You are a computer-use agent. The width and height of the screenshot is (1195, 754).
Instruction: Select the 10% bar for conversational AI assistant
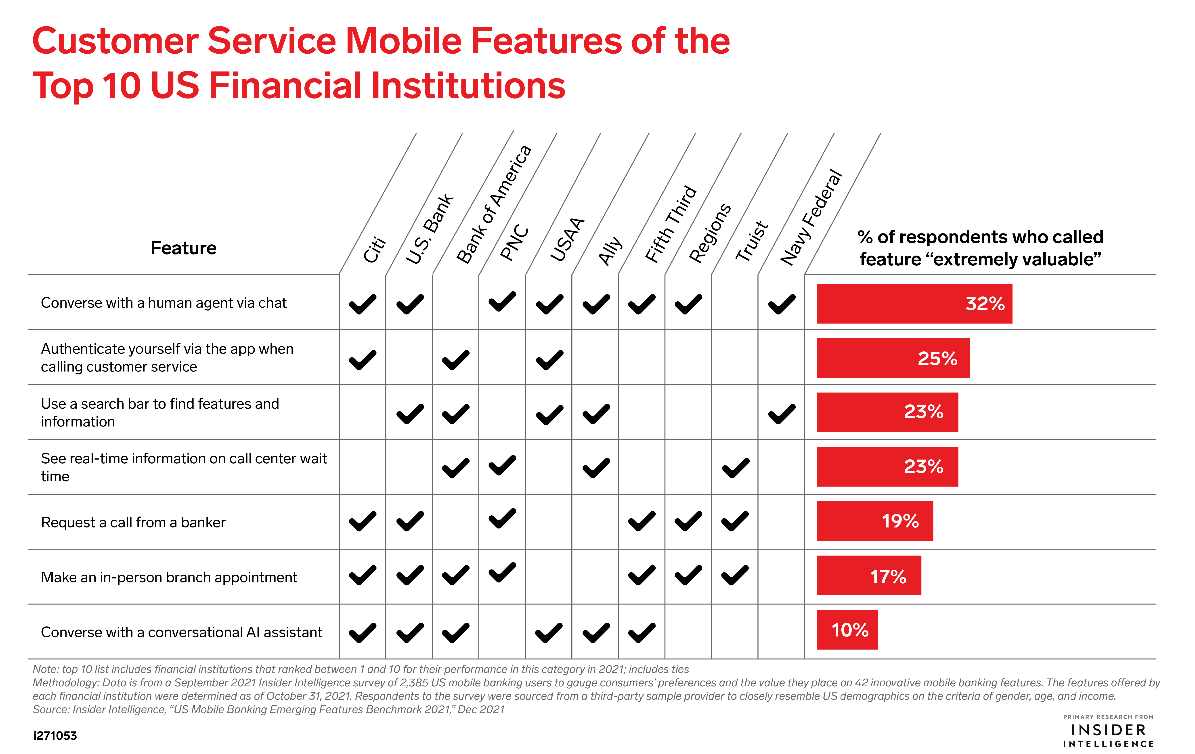[847, 629]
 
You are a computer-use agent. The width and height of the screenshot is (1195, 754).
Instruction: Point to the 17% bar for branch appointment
[869, 575]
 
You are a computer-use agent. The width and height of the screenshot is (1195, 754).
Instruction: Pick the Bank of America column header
[494, 204]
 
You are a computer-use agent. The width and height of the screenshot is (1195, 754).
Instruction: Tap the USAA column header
[567, 239]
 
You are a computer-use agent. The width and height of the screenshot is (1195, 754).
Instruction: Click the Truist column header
[751, 241]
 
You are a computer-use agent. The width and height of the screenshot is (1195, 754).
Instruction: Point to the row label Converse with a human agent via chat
[164, 303]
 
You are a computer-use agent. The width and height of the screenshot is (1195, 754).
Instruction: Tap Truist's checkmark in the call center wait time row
[736, 468]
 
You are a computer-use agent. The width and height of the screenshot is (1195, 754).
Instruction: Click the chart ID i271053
[55, 736]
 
